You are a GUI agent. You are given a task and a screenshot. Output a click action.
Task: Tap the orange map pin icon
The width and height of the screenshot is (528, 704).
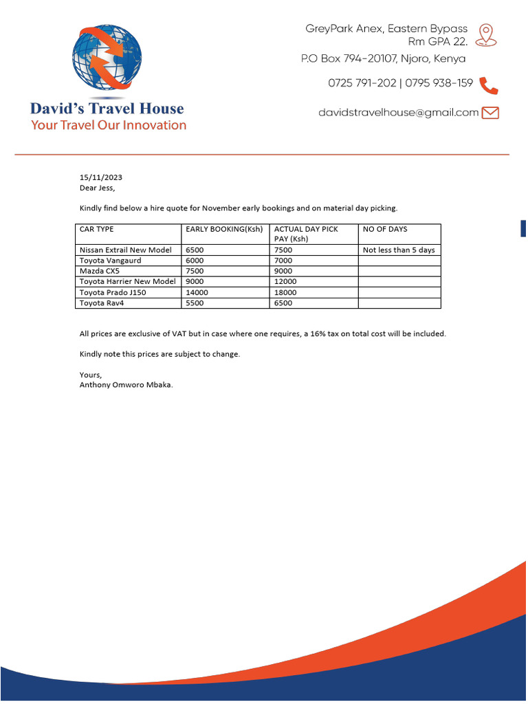pyautogui.click(x=486, y=34)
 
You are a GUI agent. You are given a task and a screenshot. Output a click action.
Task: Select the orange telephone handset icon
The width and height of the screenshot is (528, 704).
pyautogui.click(x=488, y=85)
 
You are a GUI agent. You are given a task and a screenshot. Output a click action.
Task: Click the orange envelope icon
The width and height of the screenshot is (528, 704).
pyautogui.click(x=490, y=113)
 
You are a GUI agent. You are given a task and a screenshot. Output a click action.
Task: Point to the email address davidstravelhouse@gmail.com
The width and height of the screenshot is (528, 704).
pyautogui.click(x=398, y=113)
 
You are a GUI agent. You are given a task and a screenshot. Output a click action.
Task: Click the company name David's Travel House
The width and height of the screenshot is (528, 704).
pyautogui.click(x=107, y=109)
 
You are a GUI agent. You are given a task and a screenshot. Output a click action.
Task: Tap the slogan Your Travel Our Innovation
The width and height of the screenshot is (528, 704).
pyautogui.click(x=109, y=125)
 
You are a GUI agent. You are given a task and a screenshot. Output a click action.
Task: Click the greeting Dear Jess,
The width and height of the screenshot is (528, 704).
pyautogui.click(x=98, y=188)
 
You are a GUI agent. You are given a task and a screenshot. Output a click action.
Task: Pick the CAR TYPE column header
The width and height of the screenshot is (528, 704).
pyautogui.click(x=97, y=229)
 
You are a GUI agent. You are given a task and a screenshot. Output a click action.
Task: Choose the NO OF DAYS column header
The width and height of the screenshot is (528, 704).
pyautogui.click(x=385, y=229)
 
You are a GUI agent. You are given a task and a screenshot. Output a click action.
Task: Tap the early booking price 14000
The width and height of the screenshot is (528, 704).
pyautogui.click(x=197, y=292)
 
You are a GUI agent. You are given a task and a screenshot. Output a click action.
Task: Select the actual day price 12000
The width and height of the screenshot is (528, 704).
pyautogui.click(x=285, y=281)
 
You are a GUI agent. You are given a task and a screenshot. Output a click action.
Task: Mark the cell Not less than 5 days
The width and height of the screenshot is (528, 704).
pyautogui.click(x=399, y=250)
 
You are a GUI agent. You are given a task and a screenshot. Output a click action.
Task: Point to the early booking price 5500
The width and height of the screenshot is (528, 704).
pyautogui.click(x=195, y=302)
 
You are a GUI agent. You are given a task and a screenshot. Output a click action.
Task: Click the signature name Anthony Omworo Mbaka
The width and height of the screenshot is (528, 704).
pyautogui.click(x=126, y=385)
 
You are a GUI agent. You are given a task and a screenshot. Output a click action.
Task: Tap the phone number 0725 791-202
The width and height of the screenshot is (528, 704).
pyautogui.click(x=362, y=83)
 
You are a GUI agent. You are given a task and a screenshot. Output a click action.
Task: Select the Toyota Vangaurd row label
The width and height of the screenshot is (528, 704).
pyautogui.click(x=111, y=261)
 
